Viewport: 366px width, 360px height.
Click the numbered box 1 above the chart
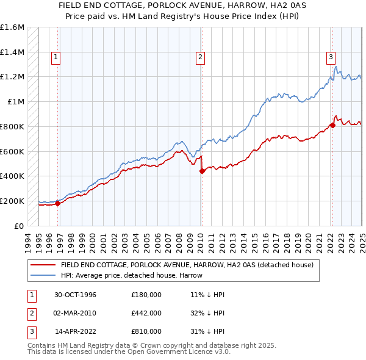(56, 58)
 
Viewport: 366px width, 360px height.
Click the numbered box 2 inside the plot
(200, 58)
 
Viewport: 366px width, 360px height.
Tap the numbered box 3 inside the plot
(331, 58)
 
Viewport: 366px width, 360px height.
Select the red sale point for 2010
(202, 171)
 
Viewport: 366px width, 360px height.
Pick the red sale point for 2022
(333, 125)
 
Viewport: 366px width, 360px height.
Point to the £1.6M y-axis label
(12, 27)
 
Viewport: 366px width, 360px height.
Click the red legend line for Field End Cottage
(42, 265)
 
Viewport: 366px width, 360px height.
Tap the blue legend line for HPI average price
(42, 275)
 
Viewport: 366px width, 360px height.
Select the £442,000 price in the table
(146, 313)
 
